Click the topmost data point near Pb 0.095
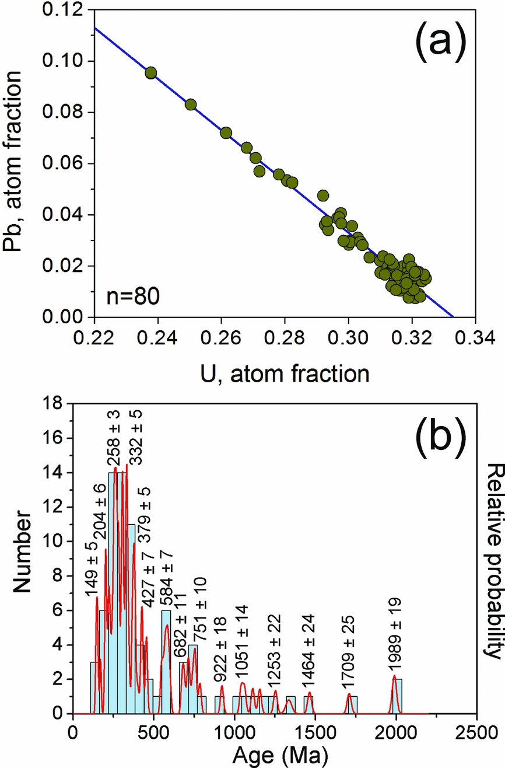pyautogui.click(x=150, y=73)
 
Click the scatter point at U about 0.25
pyautogui.click(x=191, y=104)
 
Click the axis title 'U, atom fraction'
pyautogui.click(x=285, y=372)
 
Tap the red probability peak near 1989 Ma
pyautogui.click(x=395, y=677)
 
